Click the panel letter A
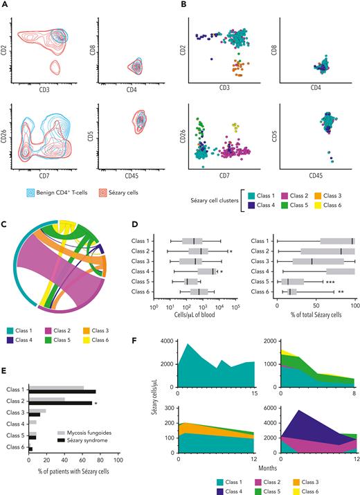(x=6, y=6)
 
